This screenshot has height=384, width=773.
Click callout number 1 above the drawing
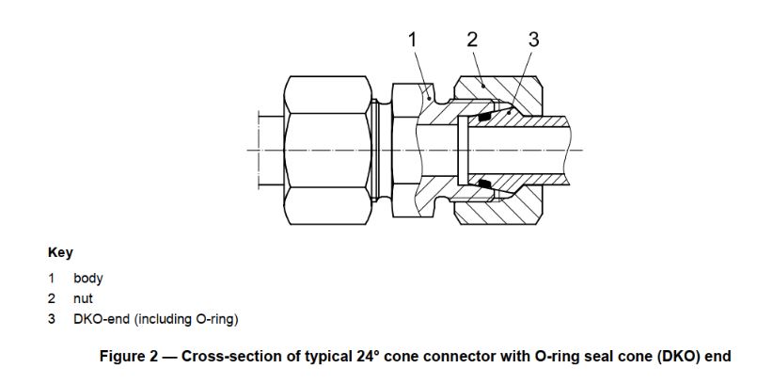[412, 40]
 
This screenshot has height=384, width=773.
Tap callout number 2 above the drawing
[472, 40]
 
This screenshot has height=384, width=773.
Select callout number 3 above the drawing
[533, 40]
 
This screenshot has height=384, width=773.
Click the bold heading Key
[60, 253]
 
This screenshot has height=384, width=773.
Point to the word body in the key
[88, 279]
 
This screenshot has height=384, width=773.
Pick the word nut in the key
[83, 298]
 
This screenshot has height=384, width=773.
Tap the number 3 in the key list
[53, 319]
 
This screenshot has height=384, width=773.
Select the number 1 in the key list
[53, 279]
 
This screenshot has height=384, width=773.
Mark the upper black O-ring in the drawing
[484, 119]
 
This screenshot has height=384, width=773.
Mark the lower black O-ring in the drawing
[484, 184]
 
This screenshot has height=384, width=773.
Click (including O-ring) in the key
[186, 319]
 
